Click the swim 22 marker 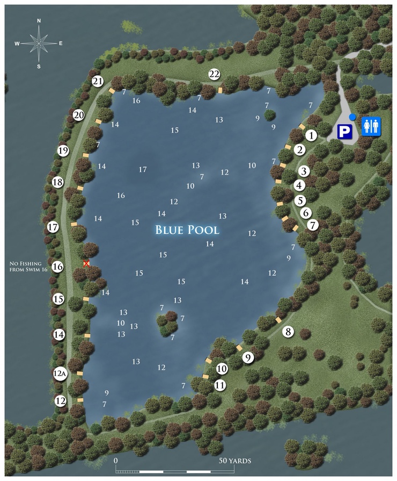(x=215, y=74)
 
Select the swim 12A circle (x=60, y=373)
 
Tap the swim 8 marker (x=289, y=332)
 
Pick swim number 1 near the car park (x=311, y=135)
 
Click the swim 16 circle (x=58, y=267)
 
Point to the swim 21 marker (x=97, y=82)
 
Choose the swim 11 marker (x=220, y=385)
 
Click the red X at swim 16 (x=86, y=263)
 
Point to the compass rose (x=39, y=43)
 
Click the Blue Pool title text (x=187, y=230)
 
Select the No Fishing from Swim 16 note (x=29, y=267)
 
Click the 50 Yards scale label (x=235, y=461)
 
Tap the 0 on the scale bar (x=115, y=461)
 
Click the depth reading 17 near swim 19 (x=143, y=170)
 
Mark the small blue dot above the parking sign (x=352, y=117)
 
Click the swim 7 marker (x=313, y=224)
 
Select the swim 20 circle (x=79, y=115)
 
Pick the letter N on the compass (x=39, y=20)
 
